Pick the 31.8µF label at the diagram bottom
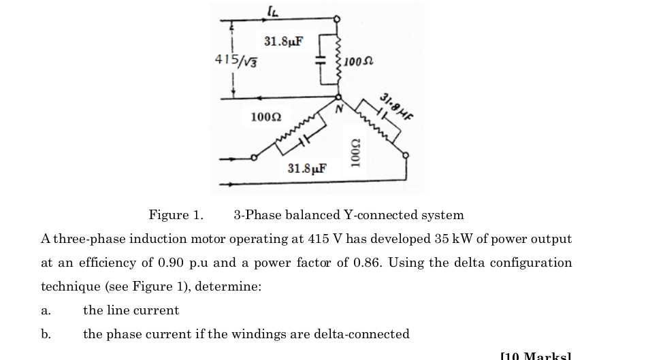(306, 168)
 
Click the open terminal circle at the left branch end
(254, 159)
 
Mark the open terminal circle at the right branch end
(406, 156)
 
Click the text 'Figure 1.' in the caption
(176, 216)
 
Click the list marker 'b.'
(46, 334)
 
